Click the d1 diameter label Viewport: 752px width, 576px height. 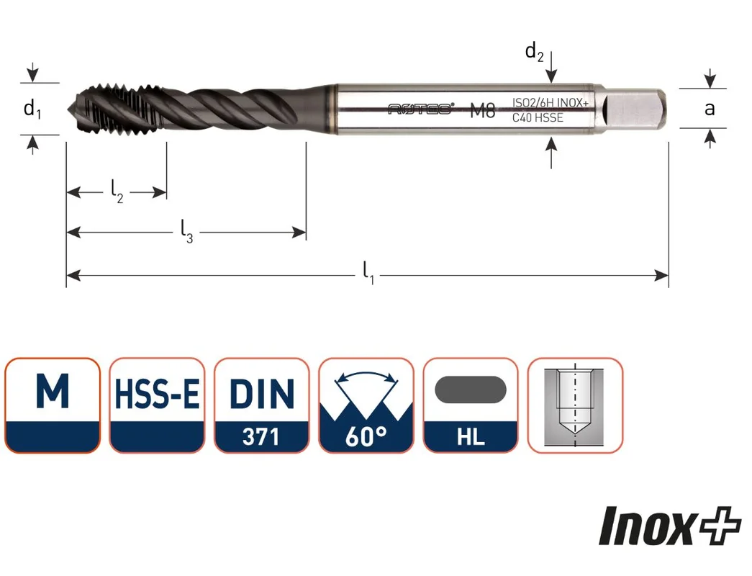(x=32, y=109)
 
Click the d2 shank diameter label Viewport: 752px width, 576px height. (x=534, y=52)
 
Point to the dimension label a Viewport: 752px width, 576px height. (x=710, y=109)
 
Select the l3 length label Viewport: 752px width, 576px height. (x=186, y=231)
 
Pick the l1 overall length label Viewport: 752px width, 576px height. (x=368, y=273)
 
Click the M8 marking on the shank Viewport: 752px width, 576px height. (x=482, y=110)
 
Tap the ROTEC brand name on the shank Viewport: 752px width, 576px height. (x=420, y=109)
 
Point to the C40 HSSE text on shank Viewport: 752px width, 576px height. (x=538, y=117)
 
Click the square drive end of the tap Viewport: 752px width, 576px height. (x=634, y=109)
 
